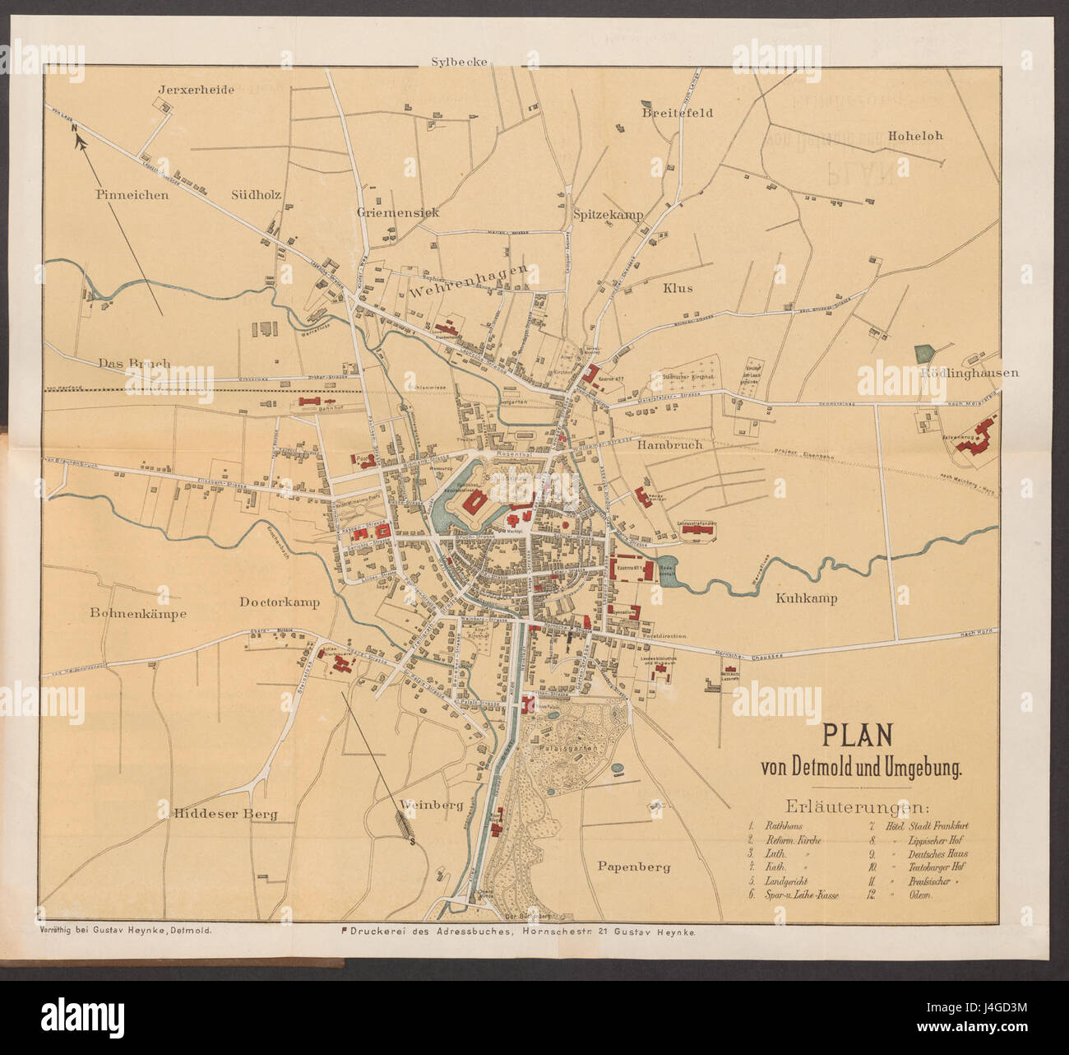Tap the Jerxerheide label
(197, 90)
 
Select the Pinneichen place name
(132, 195)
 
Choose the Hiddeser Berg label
(225, 814)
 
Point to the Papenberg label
(634, 867)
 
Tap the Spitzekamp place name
(608, 214)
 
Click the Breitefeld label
(678, 113)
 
